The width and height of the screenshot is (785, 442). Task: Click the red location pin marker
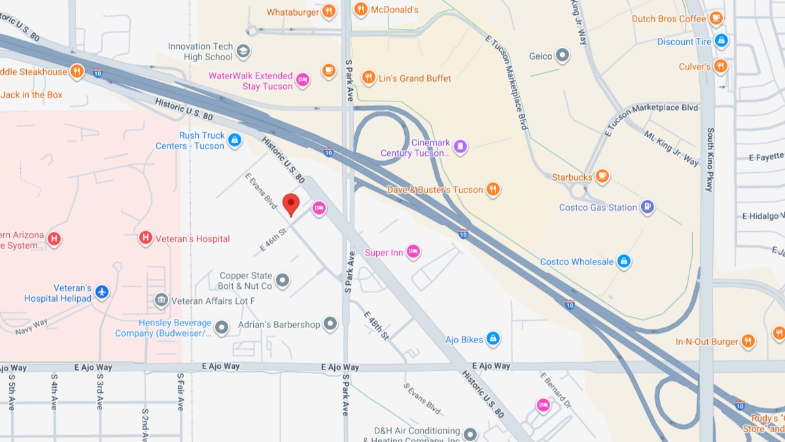tap(291, 204)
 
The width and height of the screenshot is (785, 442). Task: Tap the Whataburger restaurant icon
tap(329, 11)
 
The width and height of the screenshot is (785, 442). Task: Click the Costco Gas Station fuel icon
tap(647, 207)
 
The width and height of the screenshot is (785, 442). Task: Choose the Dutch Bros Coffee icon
tap(716, 18)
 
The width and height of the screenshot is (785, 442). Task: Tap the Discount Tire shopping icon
tap(722, 41)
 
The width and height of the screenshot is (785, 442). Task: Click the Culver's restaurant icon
tap(721, 66)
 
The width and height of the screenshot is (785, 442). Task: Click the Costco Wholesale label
tap(576, 261)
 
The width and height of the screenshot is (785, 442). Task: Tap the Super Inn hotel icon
tap(413, 251)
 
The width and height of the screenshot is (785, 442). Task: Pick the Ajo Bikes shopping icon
tap(493, 339)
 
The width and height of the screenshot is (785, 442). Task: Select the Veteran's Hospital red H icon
tap(147, 238)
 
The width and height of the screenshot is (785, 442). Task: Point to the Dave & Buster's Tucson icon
tap(493, 189)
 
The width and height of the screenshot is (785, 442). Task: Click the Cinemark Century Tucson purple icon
tap(461, 146)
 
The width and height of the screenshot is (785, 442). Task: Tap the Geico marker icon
tap(563, 56)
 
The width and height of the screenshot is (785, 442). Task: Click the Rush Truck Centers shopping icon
tap(235, 139)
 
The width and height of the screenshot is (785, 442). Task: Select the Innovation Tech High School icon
tap(243, 51)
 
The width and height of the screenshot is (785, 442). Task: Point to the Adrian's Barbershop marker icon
tap(330, 323)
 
